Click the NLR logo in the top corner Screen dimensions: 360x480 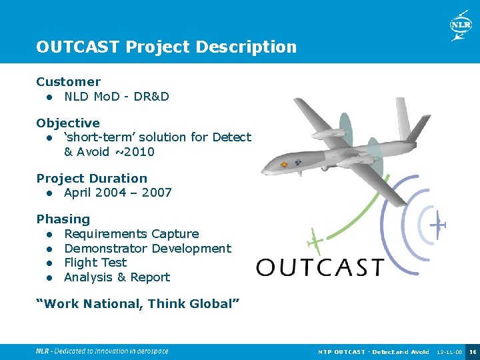460,25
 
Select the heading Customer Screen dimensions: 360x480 68,82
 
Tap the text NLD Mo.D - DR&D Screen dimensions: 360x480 117,97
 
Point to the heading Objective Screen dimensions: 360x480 68,123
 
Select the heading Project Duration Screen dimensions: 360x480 91,179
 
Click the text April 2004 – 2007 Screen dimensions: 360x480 118,193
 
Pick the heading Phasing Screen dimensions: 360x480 63,219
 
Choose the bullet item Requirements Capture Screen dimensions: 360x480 131,234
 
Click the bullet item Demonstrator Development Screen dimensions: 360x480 147,249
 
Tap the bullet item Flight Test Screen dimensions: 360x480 95,263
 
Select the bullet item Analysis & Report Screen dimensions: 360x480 117,277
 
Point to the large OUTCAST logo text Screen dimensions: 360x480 320,267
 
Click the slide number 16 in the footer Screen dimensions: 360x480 472,351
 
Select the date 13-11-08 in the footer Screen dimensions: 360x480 448,351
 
